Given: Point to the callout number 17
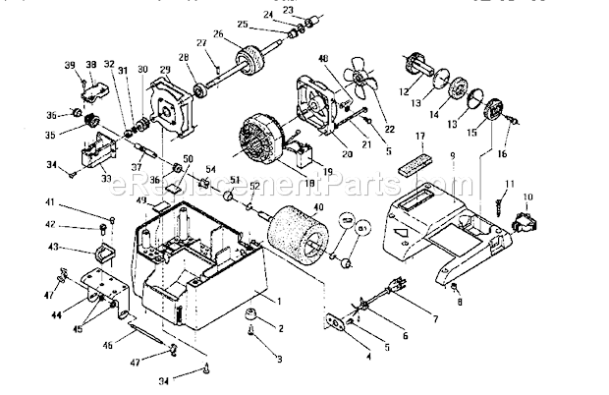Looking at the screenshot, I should [419, 138].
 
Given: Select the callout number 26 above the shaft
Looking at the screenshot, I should [218, 34].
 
